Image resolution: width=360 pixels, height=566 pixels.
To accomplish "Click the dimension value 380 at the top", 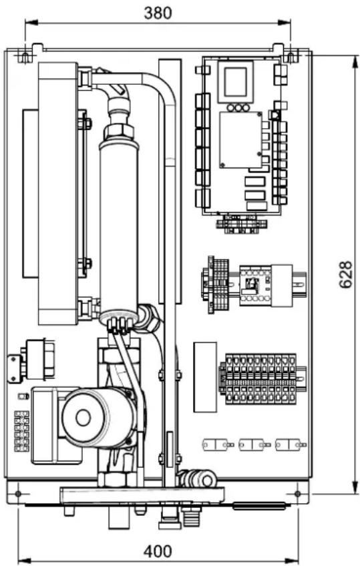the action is pos(158,13).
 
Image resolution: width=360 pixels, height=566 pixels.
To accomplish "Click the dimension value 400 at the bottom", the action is pos(158,551).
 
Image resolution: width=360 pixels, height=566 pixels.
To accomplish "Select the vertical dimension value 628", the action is pos(345,274).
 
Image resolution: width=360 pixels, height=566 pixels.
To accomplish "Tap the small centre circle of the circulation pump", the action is pos(83,418).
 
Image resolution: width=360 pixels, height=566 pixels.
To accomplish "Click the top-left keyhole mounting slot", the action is pos(25,57).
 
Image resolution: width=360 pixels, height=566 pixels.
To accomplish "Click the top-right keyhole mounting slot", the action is pos(291,57).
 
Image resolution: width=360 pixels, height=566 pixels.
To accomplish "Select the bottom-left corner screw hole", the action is pos(17,493).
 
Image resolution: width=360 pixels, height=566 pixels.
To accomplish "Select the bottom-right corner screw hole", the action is pos(297,493).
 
